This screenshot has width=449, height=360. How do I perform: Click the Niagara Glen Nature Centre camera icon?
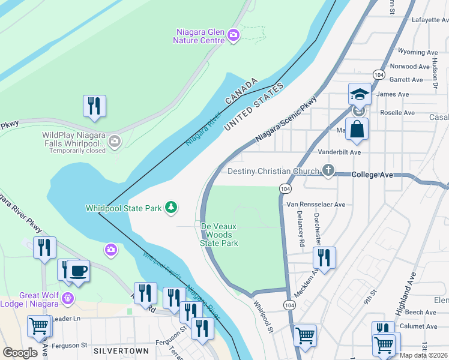234,36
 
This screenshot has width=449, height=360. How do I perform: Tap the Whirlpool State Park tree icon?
172,208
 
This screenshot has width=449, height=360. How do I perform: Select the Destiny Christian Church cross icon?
328,171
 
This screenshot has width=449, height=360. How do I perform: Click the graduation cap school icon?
360,94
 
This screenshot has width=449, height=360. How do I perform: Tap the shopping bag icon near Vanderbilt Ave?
357,129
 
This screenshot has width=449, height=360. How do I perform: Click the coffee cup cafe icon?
79,271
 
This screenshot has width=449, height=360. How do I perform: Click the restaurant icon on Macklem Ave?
324,257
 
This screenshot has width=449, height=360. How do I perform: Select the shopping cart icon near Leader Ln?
39,326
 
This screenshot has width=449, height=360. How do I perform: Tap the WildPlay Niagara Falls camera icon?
115,142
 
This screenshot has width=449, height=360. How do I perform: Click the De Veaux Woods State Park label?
219,235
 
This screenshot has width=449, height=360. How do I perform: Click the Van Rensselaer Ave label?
316,205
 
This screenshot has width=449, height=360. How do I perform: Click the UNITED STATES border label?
253,107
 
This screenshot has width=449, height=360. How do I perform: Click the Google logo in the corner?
20,353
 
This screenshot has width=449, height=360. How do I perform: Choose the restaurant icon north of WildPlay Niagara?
94,106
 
